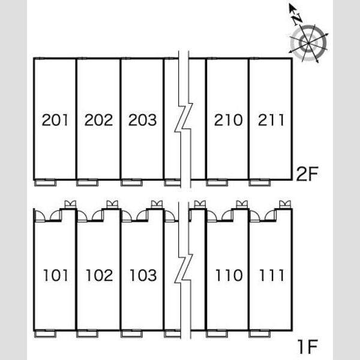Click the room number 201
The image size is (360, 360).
tap(55, 120)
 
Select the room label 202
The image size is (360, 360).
tap(99, 120)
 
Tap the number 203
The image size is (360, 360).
tap(143, 120)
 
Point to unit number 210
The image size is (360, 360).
tap(228, 120)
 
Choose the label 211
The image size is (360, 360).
tap(271, 120)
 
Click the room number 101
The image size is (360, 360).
tap(56, 275)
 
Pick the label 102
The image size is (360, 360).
tap(100, 275)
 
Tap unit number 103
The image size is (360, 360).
tap(143, 275)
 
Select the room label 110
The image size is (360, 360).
tap(229, 275)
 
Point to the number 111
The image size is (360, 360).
tap(272, 275)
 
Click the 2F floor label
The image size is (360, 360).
tap(307, 174)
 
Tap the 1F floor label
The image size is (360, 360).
tap(308, 347)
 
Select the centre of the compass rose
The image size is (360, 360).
tap(308, 43)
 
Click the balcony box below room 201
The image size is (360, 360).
tap(45, 183)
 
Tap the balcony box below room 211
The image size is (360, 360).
tap(260, 183)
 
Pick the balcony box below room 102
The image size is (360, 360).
tap(88, 334)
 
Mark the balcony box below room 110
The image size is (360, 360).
tap(217, 334)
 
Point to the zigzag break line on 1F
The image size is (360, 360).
tap(184, 269)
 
